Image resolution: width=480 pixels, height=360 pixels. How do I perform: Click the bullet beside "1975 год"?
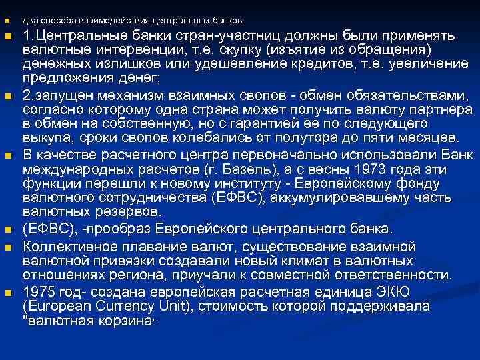pyautogui.click(x=9, y=293)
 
